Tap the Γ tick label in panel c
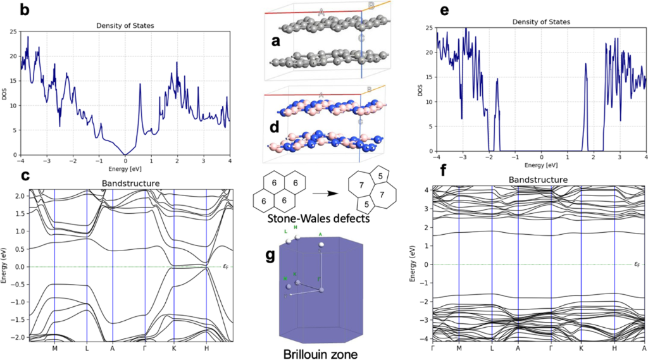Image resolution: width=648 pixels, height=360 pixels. pyautogui.click(x=145, y=347)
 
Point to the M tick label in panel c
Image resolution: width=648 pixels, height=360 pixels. pyautogui.click(x=54, y=347)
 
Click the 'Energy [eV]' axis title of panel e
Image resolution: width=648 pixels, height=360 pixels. pyautogui.click(x=542, y=166)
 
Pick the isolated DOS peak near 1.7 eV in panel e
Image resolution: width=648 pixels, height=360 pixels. pyautogui.click(x=586, y=65)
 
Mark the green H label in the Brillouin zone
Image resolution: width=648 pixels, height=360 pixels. pyautogui.click(x=296, y=230)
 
